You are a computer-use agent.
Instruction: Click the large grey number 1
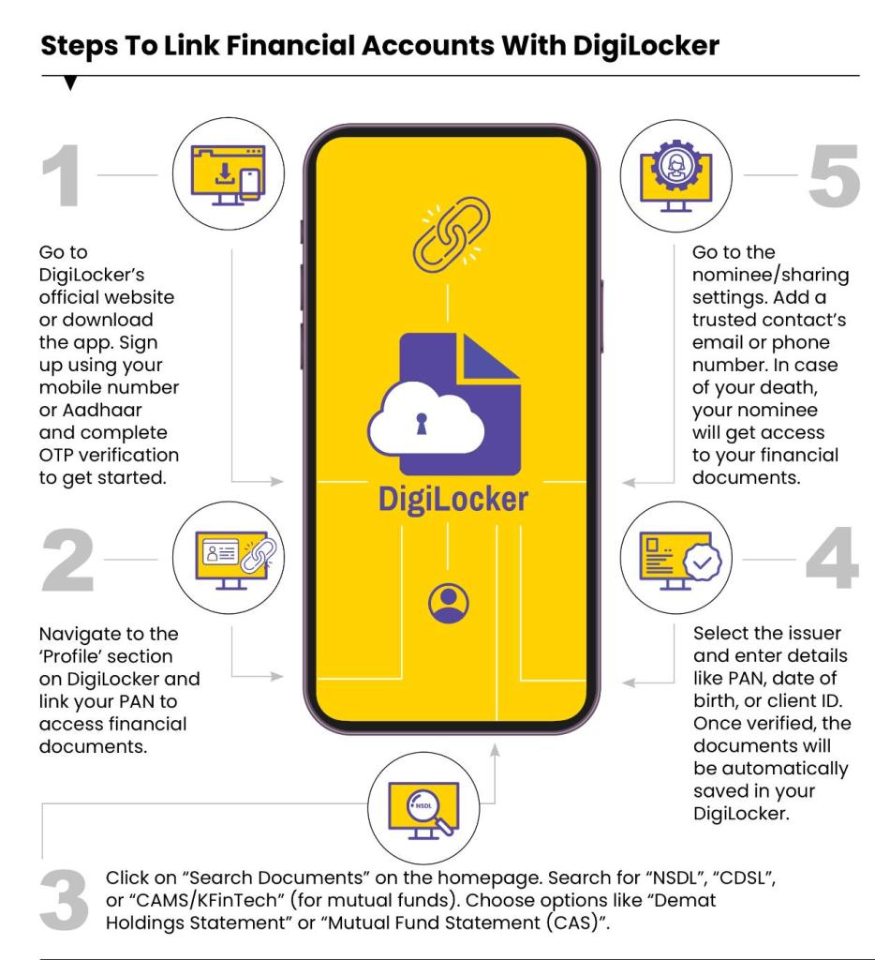[x=62, y=175]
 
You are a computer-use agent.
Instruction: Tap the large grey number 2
[x=67, y=560]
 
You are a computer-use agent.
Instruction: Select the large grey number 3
[x=65, y=900]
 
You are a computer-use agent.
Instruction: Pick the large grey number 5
[x=835, y=175]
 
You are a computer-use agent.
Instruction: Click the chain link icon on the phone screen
[x=452, y=233]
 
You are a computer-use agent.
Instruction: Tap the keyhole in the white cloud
[x=421, y=424]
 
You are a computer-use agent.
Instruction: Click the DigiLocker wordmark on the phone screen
[x=452, y=500]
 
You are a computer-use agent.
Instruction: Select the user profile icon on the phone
[x=449, y=603]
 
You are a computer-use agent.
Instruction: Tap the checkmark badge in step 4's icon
[x=702, y=562]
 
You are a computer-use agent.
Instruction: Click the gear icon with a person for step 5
[x=675, y=164]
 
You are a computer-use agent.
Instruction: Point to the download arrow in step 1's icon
[x=225, y=173]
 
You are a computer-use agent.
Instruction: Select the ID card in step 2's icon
[x=220, y=553]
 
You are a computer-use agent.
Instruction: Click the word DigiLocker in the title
[x=646, y=47]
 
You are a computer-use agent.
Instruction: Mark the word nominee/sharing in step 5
[x=771, y=275]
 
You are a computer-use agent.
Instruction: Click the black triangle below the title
[x=70, y=82]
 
